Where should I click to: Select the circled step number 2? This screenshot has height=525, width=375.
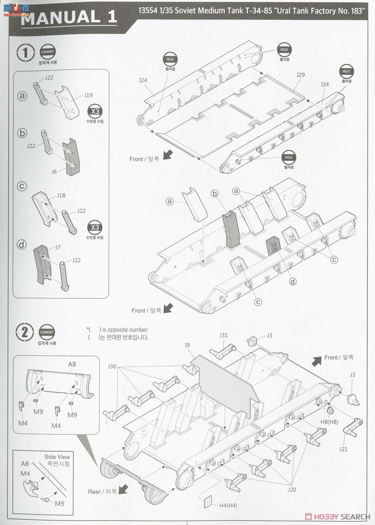tap(25, 332)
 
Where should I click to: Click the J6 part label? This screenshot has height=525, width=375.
tap(54, 171)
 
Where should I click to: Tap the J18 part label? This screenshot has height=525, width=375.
tap(61, 196)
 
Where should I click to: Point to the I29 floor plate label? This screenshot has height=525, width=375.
tap(300, 75)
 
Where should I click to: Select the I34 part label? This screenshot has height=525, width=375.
tap(325, 84)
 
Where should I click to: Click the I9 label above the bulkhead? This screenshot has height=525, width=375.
tap(187, 345)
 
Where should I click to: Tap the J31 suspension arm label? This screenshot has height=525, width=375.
tap(223, 336)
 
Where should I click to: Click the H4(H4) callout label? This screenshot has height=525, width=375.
tap(229, 506)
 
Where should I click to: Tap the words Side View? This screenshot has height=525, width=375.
tap(57, 457)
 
